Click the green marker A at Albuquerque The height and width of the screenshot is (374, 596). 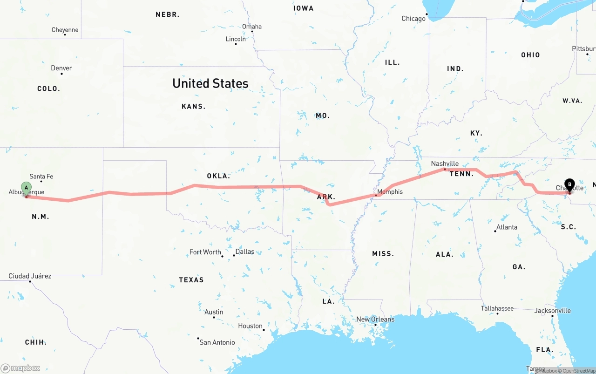[x=26, y=188]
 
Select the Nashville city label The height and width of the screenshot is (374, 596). [x=445, y=163]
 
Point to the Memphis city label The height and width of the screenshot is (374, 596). [x=390, y=192]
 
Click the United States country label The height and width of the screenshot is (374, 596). [x=210, y=83]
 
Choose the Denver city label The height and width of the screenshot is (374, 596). [x=61, y=68]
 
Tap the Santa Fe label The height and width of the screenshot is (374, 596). [x=41, y=177]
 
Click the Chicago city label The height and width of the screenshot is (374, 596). [x=413, y=19]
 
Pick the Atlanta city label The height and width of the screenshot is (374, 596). [x=507, y=227]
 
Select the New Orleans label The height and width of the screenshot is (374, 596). [x=375, y=320]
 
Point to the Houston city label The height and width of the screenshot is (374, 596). [x=251, y=326]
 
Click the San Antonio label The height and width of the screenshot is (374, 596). [x=217, y=342]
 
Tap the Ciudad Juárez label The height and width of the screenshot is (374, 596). [x=30, y=276]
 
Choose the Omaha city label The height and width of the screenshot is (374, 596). [x=252, y=27]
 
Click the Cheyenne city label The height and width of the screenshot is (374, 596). [x=65, y=30]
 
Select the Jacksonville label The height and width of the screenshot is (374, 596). [x=553, y=311]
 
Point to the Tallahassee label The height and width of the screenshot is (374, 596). [x=497, y=308]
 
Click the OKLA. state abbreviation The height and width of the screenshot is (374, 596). [x=218, y=176]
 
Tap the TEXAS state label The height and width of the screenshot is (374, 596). [x=191, y=280]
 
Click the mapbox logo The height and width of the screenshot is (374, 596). [x=20, y=368]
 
